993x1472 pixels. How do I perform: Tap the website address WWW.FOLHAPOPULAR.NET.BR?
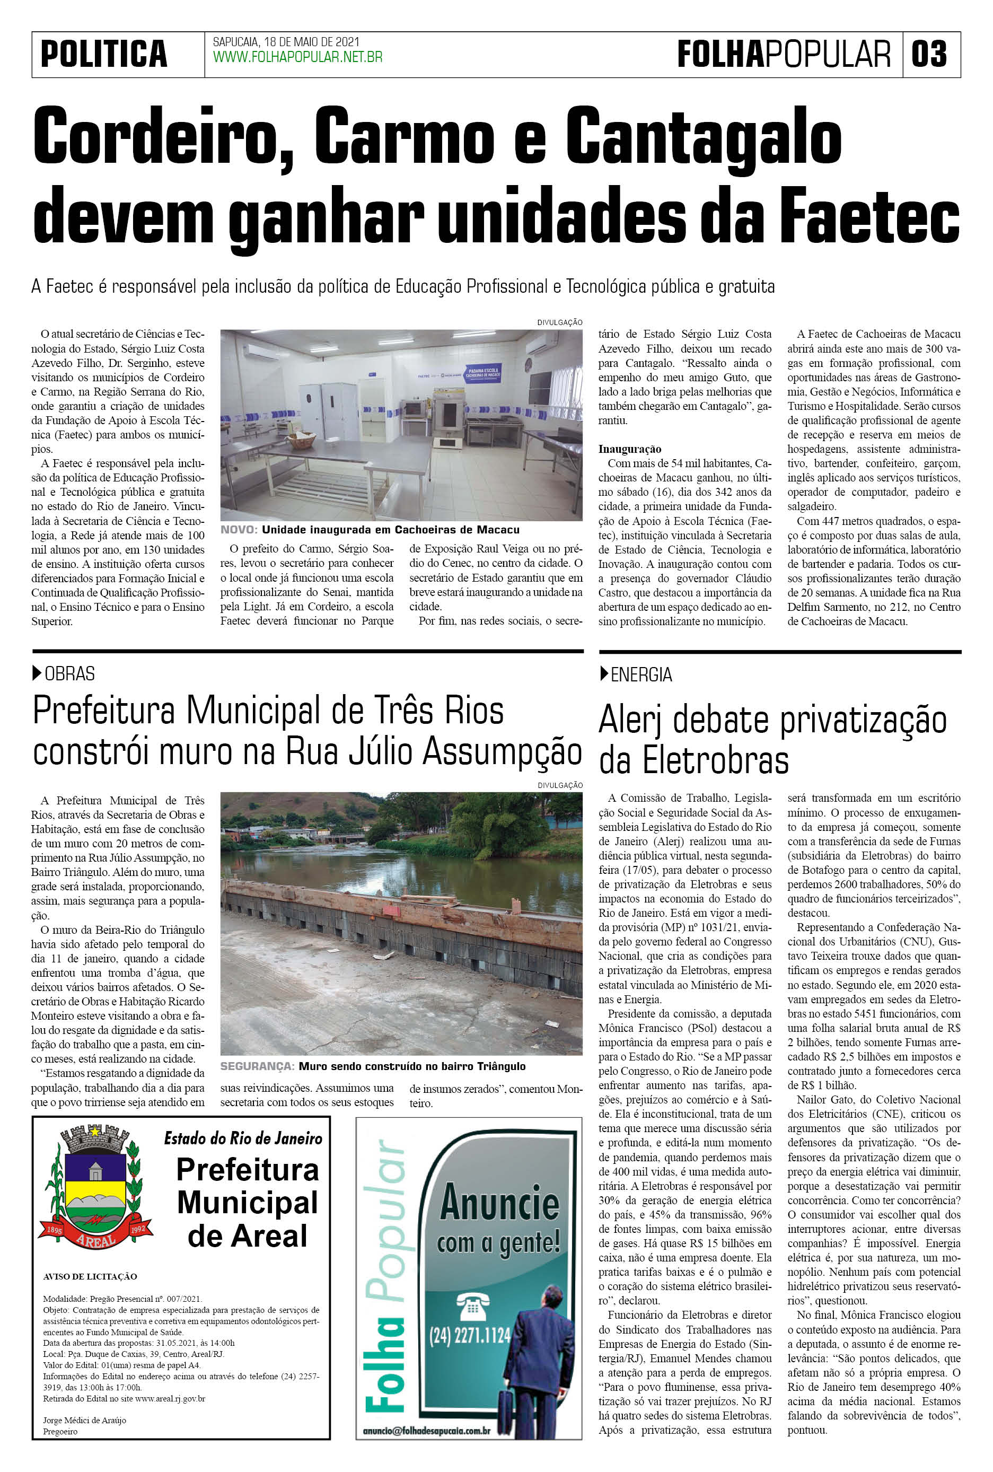tap(297, 58)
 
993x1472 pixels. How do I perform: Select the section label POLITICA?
tap(104, 54)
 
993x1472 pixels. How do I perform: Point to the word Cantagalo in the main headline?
tap(703, 136)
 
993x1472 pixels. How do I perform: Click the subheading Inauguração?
tap(629, 449)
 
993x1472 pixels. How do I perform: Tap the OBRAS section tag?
tap(69, 674)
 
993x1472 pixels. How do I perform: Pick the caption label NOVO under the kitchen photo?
tap(239, 530)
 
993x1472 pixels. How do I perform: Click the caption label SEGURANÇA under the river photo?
tap(257, 1066)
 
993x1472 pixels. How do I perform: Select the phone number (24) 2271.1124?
tap(470, 1336)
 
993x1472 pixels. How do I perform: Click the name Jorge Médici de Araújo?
tap(84, 1420)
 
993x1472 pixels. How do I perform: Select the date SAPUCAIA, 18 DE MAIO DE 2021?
tap(286, 42)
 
